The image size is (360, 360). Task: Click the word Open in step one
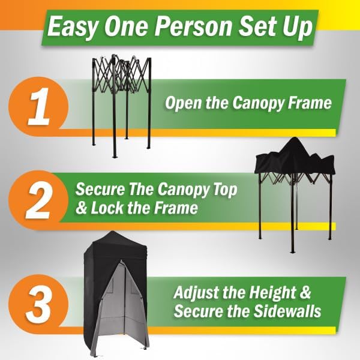pyautogui.click(x=182, y=103)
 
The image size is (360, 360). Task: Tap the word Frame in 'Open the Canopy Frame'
pyautogui.click(x=310, y=103)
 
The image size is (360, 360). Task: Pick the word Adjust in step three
pyautogui.click(x=195, y=294)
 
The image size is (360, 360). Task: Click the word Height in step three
pyautogui.click(x=280, y=294)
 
